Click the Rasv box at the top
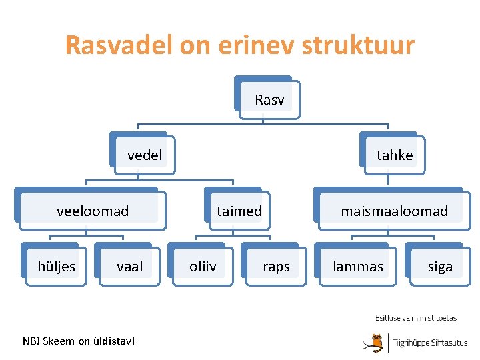[269, 100]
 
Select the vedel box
[145, 155]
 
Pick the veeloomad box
[93, 211]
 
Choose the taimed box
[239, 211]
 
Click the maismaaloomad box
[394, 211]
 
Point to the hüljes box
[57, 267]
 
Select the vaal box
[129, 267]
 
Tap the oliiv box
[203, 267]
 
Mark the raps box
[276, 267]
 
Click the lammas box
[359, 267]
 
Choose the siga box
[440, 267]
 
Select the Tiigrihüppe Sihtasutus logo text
[430, 343]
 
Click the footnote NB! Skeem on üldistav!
[79, 341]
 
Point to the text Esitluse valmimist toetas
[416, 318]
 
